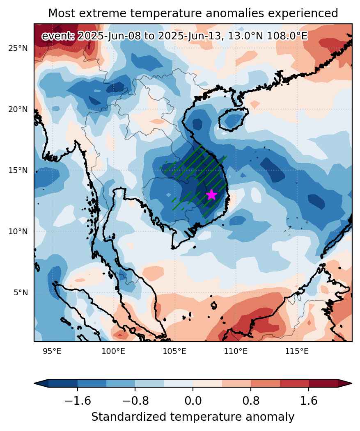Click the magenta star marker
pyautogui.click(x=211, y=195)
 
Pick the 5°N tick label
pyautogui.click(x=21, y=292)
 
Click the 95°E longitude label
pyautogui.click(x=52, y=351)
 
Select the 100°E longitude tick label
pyautogui.click(x=113, y=351)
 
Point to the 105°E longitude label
pyautogui.click(x=174, y=351)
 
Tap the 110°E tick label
pyautogui.click(x=236, y=351)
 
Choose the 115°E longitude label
pyautogui.click(x=297, y=351)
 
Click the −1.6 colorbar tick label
pyautogui.click(x=78, y=401)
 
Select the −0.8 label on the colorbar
pyautogui.click(x=135, y=401)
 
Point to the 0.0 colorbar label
pyautogui.click(x=193, y=401)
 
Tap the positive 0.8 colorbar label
pyautogui.click(x=251, y=401)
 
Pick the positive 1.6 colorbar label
pyautogui.click(x=309, y=401)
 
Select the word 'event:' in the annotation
pyautogui.click(x=58, y=36)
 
